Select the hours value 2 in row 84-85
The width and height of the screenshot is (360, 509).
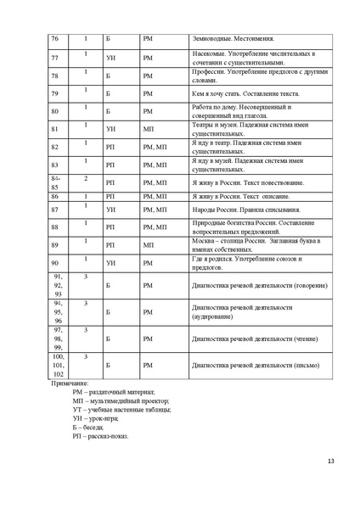[x=86, y=178]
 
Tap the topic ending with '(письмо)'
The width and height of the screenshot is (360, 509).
[x=240, y=366]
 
